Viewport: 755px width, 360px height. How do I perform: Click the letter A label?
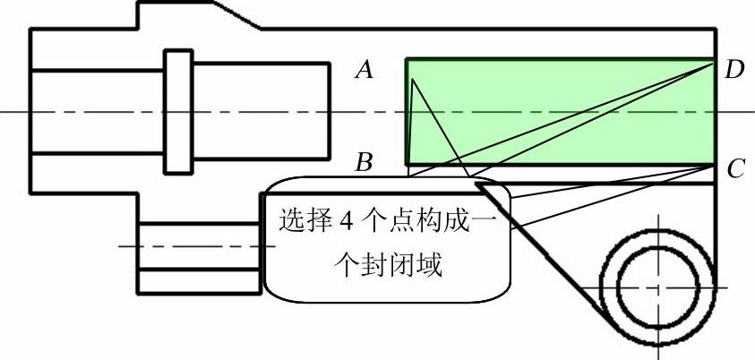(364, 70)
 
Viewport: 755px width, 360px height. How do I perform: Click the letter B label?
(364, 163)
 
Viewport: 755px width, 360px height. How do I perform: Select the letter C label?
(735, 168)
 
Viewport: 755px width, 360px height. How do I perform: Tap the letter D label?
(735, 69)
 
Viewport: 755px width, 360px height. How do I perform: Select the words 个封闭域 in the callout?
(387, 266)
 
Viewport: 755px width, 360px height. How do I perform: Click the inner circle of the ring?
(656, 287)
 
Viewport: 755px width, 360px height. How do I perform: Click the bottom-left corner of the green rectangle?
(408, 165)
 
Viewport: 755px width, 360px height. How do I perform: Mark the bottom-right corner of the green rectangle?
(715, 165)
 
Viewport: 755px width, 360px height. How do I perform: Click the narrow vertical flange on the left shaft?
(178, 112)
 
